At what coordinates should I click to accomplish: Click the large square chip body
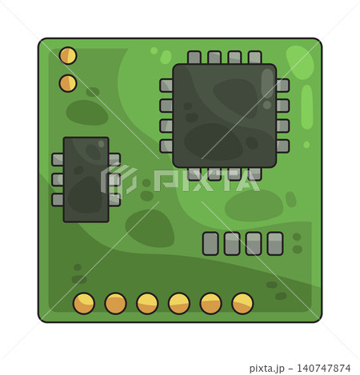tap(225, 116)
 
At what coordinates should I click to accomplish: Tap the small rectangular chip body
tap(86, 179)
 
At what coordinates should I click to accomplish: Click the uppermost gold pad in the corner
tap(68, 55)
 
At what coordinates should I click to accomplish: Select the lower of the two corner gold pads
tap(68, 83)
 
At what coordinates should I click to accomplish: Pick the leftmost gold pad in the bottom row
tap(84, 303)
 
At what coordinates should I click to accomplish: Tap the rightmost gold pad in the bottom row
tap(242, 303)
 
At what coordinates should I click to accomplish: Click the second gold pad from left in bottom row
tap(115, 303)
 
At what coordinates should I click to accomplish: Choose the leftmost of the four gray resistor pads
tap(210, 244)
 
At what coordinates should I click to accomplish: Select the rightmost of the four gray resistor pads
tap(275, 244)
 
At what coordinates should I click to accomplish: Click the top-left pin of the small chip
tap(58, 160)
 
